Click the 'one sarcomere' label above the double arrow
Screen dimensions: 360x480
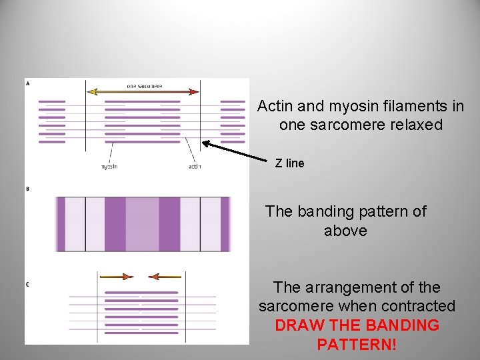click(144, 86)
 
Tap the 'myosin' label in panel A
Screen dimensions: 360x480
click(109, 166)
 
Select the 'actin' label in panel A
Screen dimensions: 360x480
click(195, 166)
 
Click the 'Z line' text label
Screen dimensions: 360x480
click(289, 163)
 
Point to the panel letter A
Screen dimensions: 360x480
click(27, 83)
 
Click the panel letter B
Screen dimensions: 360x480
click(27, 189)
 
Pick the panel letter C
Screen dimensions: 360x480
click(27, 285)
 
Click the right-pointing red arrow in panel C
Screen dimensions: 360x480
click(116, 276)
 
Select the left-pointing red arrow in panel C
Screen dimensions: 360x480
click(164, 276)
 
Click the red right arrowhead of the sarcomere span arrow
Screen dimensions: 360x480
click(194, 92)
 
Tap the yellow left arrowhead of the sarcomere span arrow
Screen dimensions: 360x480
click(93, 92)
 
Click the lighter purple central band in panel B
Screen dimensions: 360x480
click(142, 224)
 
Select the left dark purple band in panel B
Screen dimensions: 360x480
click(115, 224)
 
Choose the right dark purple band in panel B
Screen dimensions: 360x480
click(169, 224)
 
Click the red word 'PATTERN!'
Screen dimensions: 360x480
click(357, 345)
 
